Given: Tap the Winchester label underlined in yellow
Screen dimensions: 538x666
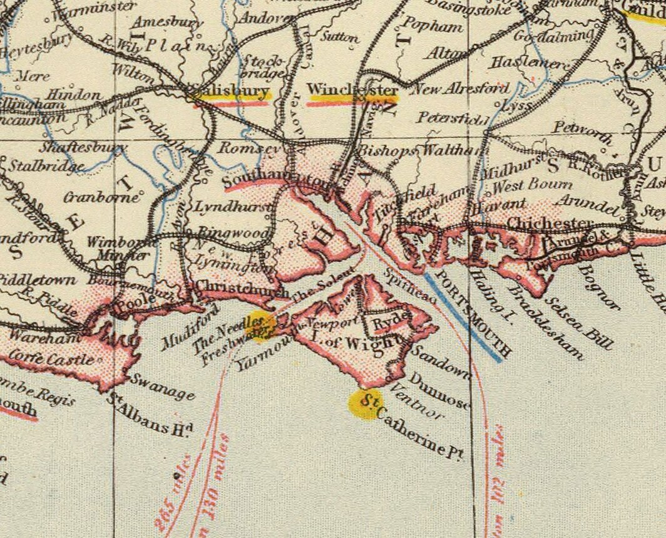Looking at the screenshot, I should (352, 91).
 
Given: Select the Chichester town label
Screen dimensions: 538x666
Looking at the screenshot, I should (549, 223).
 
